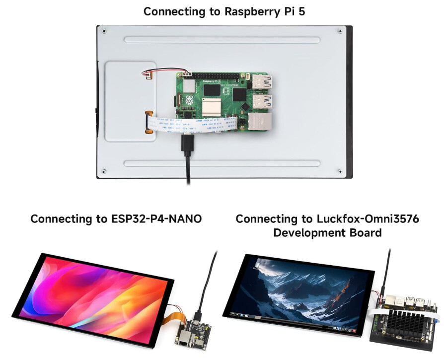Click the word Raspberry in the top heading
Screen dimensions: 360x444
pyautogui.click(x=253, y=11)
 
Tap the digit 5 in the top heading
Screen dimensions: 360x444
pyautogui.click(x=301, y=11)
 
